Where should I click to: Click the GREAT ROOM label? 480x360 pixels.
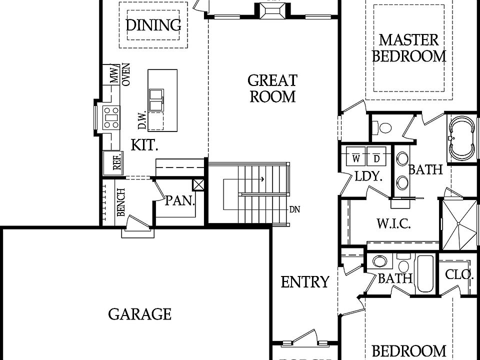272,88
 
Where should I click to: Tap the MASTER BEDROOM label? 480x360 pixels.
408,47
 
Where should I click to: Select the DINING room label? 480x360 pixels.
153,24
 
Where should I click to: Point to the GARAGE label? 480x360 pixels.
139,314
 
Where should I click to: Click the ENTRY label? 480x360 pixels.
305,282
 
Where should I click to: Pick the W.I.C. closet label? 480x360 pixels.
393,223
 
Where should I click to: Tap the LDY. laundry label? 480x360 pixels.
368,176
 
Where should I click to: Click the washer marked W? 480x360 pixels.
355,158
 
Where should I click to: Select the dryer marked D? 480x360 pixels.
376,158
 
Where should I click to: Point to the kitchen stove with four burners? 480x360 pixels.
111,117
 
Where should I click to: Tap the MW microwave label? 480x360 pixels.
114,76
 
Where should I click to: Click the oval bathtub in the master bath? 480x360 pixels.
462,138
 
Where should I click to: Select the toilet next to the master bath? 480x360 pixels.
384,127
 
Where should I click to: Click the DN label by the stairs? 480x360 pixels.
294,209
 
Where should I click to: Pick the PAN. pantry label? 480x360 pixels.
180,200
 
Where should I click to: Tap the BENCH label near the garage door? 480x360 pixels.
120,202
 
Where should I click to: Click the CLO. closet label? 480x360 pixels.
459,274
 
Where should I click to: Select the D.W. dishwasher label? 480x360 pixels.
142,120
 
